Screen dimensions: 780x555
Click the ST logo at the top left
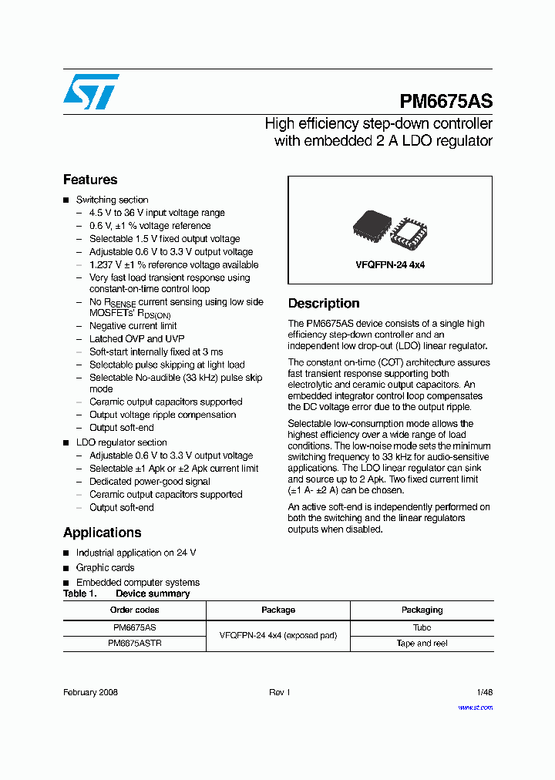pyautogui.click(x=91, y=92)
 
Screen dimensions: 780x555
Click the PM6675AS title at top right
pyautogui.click(x=446, y=102)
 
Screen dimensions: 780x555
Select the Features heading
pyautogui.click(x=90, y=180)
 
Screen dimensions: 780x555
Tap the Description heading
pyautogui.click(x=324, y=304)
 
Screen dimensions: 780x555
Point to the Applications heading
pyautogui.click(x=102, y=533)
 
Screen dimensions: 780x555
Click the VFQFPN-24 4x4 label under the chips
pyautogui.click(x=390, y=264)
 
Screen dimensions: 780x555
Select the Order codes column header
pyautogui.click(x=134, y=610)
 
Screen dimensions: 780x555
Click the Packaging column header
pyautogui.click(x=422, y=610)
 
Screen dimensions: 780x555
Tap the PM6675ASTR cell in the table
pyautogui.click(x=134, y=643)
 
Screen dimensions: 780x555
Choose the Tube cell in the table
pyautogui.click(x=422, y=627)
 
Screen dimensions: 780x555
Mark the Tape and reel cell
pyautogui.click(x=422, y=643)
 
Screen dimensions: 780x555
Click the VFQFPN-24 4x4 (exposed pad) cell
pyautogui.click(x=278, y=635)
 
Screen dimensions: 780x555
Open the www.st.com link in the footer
pyautogui.click(x=475, y=707)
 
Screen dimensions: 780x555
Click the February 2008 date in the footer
pyautogui.click(x=90, y=693)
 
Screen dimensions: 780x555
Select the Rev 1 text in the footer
pyautogui.click(x=279, y=693)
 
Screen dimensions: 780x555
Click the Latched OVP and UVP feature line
pyautogui.click(x=136, y=338)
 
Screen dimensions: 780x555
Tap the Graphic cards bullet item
pyautogui.click(x=105, y=567)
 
